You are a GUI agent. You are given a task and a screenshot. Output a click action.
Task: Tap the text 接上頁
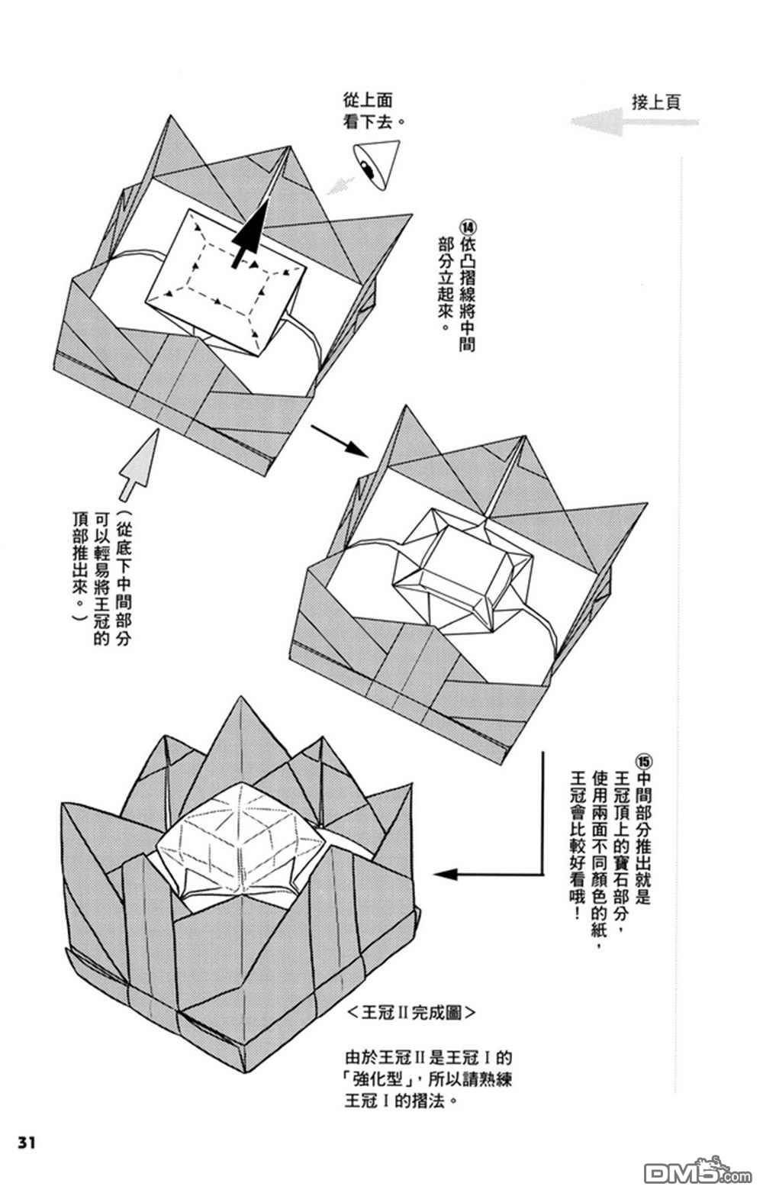(655, 102)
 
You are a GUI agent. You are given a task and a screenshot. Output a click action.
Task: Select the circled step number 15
(642, 761)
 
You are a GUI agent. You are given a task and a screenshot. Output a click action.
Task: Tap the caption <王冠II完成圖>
(410, 1013)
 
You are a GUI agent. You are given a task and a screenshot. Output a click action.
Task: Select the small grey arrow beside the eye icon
(340, 183)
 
